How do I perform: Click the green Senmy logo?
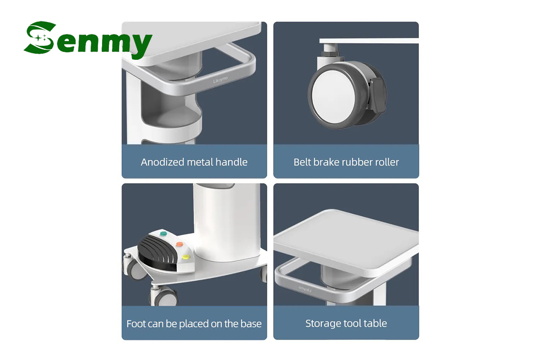point(88,40)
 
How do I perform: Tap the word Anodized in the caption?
point(163,162)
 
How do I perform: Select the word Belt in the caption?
point(302,162)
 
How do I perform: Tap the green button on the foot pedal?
point(163,234)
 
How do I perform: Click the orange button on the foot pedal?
point(180,244)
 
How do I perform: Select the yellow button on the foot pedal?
point(185,257)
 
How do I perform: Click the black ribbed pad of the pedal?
point(156,251)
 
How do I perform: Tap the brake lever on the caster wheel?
point(378,95)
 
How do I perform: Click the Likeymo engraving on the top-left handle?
point(220,80)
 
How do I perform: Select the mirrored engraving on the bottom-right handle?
point(305,289)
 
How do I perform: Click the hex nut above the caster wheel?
point(331,53)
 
